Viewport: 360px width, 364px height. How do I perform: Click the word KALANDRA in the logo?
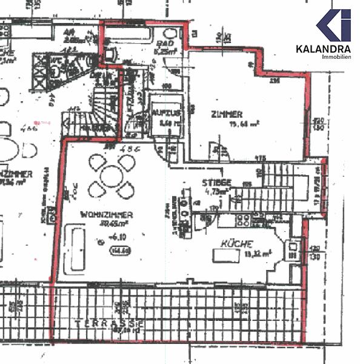[x=324, y=49]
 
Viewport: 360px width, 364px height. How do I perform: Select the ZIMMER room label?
[x=227, y=114]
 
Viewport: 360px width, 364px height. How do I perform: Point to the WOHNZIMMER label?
[x=106, y=215]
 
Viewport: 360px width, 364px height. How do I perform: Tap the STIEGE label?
[x=216, y=182]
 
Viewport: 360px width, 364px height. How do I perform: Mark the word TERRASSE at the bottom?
[x=109, y=324]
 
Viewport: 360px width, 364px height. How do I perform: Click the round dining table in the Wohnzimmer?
[x=112, y=177]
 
